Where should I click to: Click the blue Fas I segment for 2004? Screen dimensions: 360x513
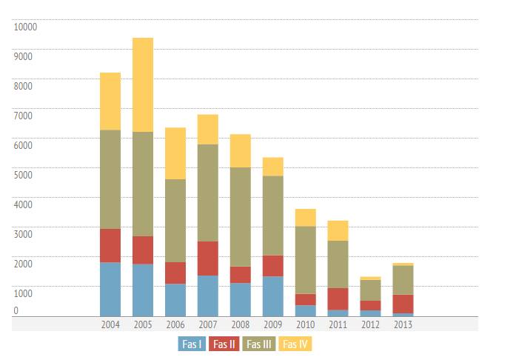pyautogui.click(x=110, y=289)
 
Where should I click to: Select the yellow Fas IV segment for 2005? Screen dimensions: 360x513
pyautogui.click(x=143, y=84)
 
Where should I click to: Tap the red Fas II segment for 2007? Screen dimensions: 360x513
pyautogui.click(x=208, y=258)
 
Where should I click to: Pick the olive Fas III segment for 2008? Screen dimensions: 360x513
pyautogui.click(x=241, y=216)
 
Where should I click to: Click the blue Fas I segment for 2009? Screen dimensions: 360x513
pyautogui.click(x=273, y=296)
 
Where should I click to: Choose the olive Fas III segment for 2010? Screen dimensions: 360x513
pyautogui.click(x=306, y=259)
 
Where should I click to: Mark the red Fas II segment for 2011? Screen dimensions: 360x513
pyautogui.click(x=338, y=299)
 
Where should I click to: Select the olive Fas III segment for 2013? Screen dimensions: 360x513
pyautogui.click(x=403, y=279)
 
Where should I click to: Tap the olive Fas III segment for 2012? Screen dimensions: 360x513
pyautogui.click(x=371, y=290)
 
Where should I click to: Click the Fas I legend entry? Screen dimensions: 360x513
pyautogui.click(x=192, y=344)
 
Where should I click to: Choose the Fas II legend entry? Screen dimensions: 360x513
pyautogui.click(x=225, y=344)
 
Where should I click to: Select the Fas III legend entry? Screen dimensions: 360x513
pyautogui.click(x=259, y=344)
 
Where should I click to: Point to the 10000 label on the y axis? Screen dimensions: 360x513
pyautogui.click(x=25, y=27)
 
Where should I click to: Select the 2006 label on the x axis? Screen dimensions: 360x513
pyautogui.click(x=175, y=324)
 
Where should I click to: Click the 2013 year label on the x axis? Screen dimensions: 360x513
pyautogui.click(x=403, y=324)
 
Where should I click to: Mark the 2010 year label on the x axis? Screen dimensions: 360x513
pyautogui.click(x=306, y=324)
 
